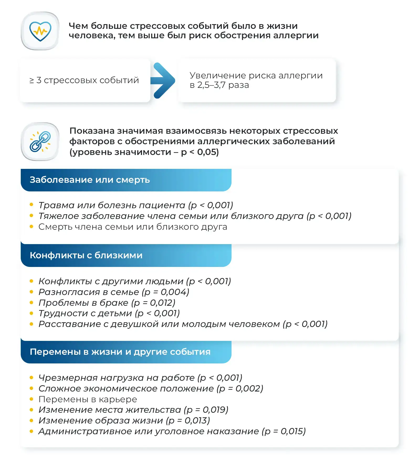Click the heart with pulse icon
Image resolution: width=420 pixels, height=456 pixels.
(40, 31)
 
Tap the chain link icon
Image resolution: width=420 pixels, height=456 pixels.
(40, 141)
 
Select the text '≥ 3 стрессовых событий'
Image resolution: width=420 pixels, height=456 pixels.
(84, 80)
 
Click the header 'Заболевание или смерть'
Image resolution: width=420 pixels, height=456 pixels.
(90, 180)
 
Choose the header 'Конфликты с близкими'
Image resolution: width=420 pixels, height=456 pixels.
(86, 255)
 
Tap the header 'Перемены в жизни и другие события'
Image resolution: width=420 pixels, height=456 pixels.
(120, 352)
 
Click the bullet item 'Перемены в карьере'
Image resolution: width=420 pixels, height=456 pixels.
(88, 399)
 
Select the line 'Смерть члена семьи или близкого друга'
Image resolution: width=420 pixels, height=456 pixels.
(133, 227)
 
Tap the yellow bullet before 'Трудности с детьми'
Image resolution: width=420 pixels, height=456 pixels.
(31, 313)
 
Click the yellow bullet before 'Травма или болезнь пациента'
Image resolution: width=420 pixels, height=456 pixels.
(31, 205)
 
